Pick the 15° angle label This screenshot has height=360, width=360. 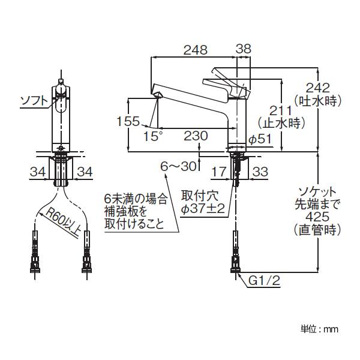(153, 136)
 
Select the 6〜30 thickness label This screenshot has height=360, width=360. (179, 166)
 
